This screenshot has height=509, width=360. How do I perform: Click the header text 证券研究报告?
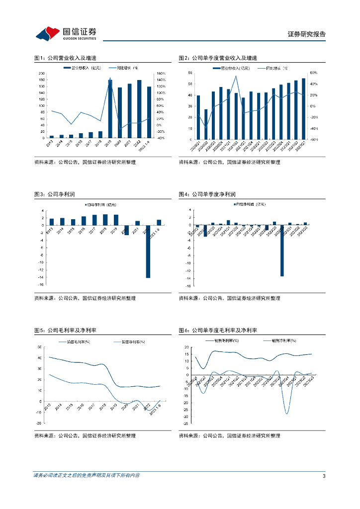[307, 34]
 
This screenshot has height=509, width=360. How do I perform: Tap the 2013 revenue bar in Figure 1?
[51, 136]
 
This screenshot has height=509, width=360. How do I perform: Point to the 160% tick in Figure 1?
[161, 73]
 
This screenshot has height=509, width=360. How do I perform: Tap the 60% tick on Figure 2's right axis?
[314, 73]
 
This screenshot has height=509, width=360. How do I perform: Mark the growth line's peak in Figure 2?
[236, 76]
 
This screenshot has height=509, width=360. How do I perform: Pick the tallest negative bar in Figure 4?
[282, 251]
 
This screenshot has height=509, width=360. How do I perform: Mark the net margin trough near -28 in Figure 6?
[287, 414]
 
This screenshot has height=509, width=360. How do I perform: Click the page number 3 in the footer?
[324, 476]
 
